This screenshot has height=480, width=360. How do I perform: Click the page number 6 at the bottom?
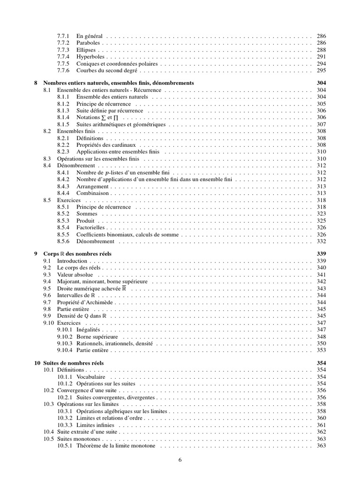[180, 460]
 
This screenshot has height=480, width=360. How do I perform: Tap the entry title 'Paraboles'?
[88, 43]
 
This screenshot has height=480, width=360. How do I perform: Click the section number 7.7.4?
[63, 57]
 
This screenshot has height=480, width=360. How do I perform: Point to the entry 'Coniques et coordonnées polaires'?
[117, 64]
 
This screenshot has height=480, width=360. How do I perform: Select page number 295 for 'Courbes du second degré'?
[321, 71]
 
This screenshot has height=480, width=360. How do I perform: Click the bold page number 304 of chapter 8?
[321, 83]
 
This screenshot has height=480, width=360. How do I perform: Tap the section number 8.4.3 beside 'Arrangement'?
[63, 186]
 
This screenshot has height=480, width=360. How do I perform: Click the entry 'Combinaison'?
[92, 193]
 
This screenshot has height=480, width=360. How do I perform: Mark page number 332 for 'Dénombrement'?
[321, 241]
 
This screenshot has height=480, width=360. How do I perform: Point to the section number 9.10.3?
[65, 344]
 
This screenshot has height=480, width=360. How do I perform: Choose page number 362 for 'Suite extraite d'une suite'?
[321, 432]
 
